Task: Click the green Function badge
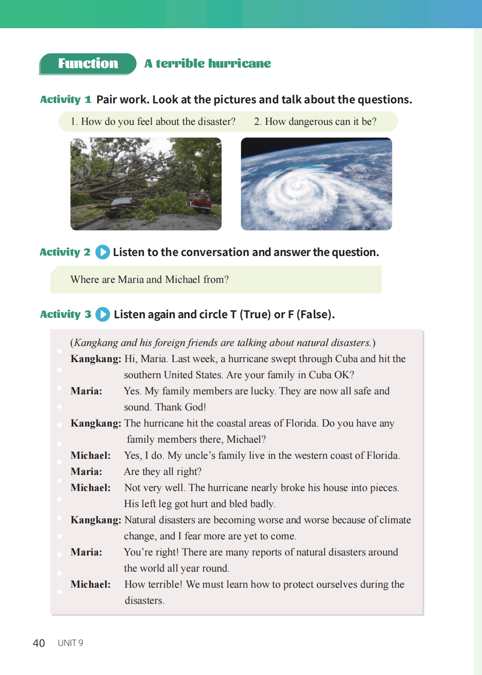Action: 88,64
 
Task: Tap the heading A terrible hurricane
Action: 208,64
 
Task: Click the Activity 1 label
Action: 65,99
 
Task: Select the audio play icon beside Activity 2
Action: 102,252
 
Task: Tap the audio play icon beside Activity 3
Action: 102,314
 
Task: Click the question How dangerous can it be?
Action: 315,122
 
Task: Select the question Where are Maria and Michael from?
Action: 149,280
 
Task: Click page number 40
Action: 39,643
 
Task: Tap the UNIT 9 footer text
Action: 70,643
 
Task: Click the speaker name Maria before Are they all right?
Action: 86,472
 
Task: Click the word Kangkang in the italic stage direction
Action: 96,343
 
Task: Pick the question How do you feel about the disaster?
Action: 153,122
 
